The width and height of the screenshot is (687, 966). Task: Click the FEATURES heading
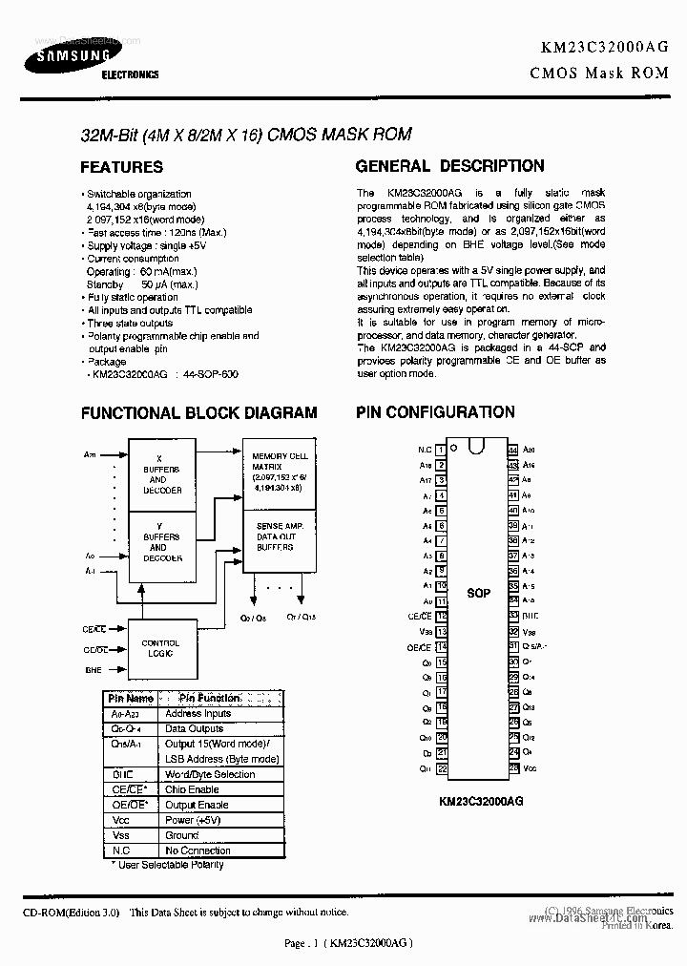click(x=121, y=167)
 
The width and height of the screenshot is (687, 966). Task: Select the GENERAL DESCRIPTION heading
click(x=450, y=166)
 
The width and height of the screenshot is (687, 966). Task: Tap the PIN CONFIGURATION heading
click(x=435, y=412)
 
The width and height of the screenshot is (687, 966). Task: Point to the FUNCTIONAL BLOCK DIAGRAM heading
click(x=198, y=413)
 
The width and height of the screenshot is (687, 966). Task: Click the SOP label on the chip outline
click(x=478, y=594)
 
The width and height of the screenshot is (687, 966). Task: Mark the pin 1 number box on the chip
click(x=441, y=450)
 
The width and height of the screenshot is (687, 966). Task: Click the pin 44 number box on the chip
click(x=513, y=450)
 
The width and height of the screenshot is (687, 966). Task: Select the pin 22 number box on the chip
click(x=441, y=768)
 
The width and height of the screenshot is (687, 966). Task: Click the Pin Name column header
click(x=131, y=699)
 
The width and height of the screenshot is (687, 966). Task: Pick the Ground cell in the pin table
click(x=182, y=835)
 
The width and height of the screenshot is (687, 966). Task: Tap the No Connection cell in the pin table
click(x=198, y=850)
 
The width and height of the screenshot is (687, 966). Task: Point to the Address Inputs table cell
click(x=198, y=714)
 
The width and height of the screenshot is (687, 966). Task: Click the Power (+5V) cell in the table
click(x=193, y=820)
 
